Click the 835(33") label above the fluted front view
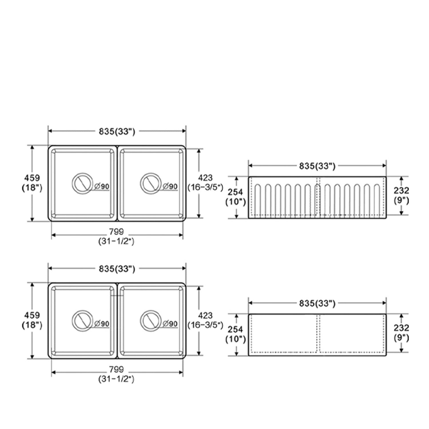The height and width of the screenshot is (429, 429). pos(317,166)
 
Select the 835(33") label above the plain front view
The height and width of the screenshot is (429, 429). pos(317,303)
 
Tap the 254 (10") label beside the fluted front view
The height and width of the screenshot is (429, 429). pos(235,197)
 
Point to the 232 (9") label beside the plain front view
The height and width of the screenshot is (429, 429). pos(401,333)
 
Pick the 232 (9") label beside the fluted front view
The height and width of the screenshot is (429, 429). pos(401,195)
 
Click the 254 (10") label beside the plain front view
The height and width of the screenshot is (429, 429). pos(235,334)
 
